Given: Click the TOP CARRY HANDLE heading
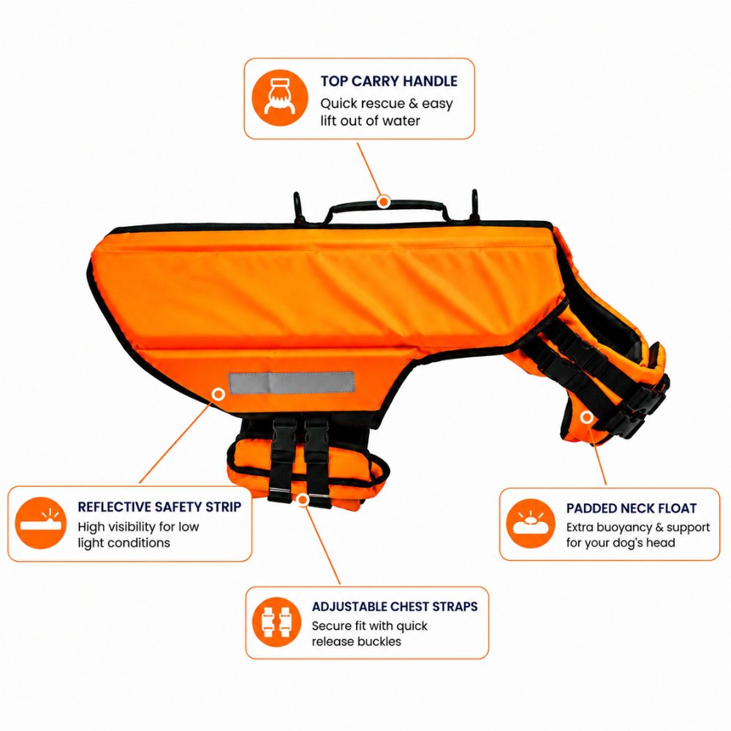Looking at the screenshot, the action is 389,81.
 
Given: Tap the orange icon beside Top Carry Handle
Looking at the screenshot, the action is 280,98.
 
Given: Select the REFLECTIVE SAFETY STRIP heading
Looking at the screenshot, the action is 159,507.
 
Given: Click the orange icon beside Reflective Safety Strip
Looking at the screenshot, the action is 40,523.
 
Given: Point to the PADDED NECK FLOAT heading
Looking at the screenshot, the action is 632,508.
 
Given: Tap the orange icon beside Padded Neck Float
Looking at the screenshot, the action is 531,523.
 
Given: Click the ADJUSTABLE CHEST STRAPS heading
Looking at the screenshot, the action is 395,607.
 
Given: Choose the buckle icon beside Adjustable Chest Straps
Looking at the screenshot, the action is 277,622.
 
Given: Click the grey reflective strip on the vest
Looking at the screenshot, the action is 292,382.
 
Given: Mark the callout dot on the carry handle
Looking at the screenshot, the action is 383,202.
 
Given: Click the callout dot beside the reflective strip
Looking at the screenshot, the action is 218,395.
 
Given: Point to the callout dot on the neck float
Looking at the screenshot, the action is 587,417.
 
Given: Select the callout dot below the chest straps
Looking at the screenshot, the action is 303,500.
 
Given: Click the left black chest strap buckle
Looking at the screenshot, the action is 284,431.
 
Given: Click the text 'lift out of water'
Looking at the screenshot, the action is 370,121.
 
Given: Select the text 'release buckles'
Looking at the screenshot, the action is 356,642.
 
